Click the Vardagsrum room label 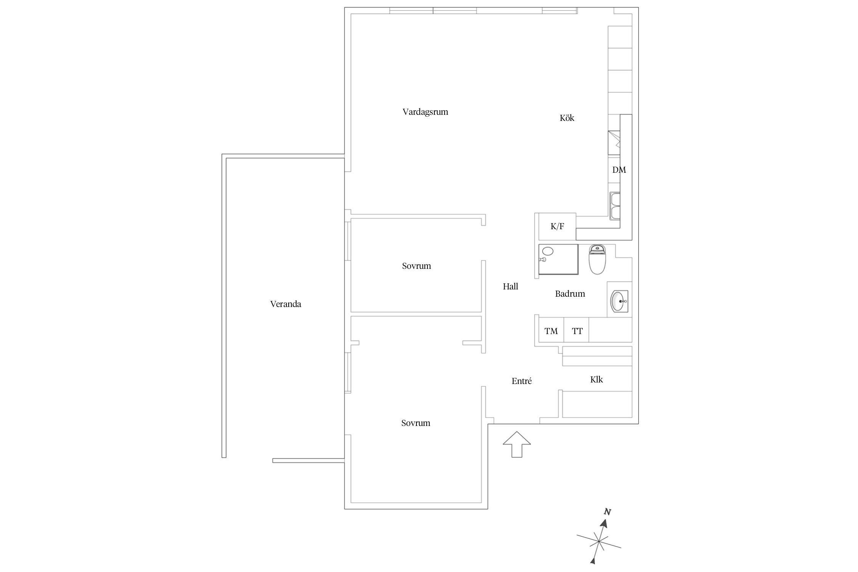(x=425, y=112)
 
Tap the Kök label (x=567, y=118)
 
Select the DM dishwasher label (x=619, y=170)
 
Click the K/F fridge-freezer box (x=557, y=227)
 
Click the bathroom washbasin (x=619, y=301)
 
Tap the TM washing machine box (x=551, y=331)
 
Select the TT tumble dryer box (x=577, y=331)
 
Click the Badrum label (x=570, y=294)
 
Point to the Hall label (x=510, y=287)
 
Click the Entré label (x=521, y=381)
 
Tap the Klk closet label (x=596, y=379)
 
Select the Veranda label (x=286, y=304)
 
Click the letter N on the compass (x=608, y=512)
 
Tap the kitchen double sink (x=615, y=206)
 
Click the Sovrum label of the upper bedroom (x=416, y=266)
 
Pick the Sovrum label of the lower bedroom (x=416, y=423)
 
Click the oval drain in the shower (x=548, y=251)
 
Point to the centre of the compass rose (x=599, y=541)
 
